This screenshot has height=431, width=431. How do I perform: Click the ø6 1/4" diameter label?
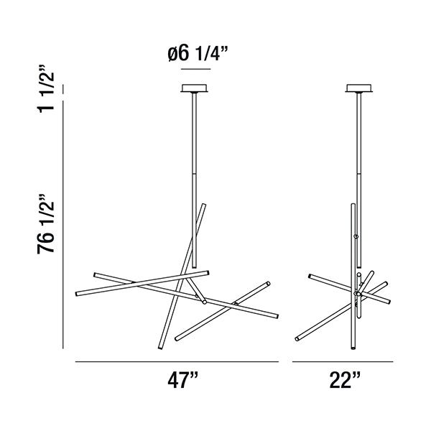click(198, 53)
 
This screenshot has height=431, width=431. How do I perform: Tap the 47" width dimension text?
click(182, 380)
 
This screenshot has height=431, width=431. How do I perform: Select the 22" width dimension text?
click(345, 380)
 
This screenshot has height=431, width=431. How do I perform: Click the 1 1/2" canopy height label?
click(46, 89)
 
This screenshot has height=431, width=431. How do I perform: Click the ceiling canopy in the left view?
click(195, 88)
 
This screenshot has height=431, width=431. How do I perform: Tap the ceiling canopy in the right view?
click(359, 88)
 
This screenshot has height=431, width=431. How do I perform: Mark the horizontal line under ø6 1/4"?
click(196, 69)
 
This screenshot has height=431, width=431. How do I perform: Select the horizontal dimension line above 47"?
click(177, 362)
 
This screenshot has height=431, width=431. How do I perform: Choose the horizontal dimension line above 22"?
click(343, 362)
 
